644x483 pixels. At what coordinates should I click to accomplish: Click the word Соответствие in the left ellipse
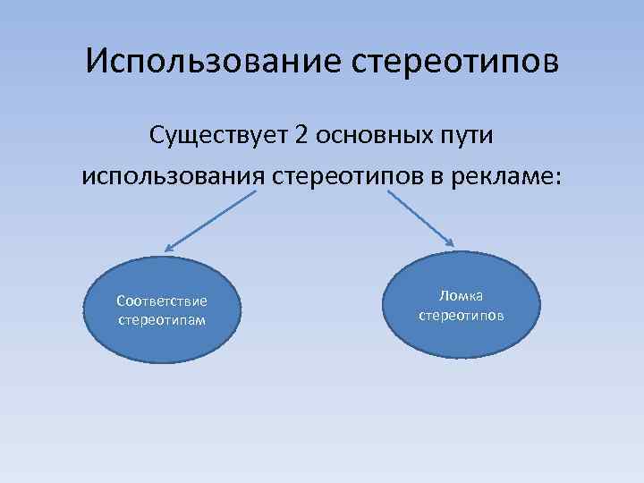point(162,301)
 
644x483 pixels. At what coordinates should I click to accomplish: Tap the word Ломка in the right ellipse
point(462,296)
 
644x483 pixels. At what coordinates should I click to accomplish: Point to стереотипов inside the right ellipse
point(462,315)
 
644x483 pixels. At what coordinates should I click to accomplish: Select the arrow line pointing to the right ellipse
point(420,218)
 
